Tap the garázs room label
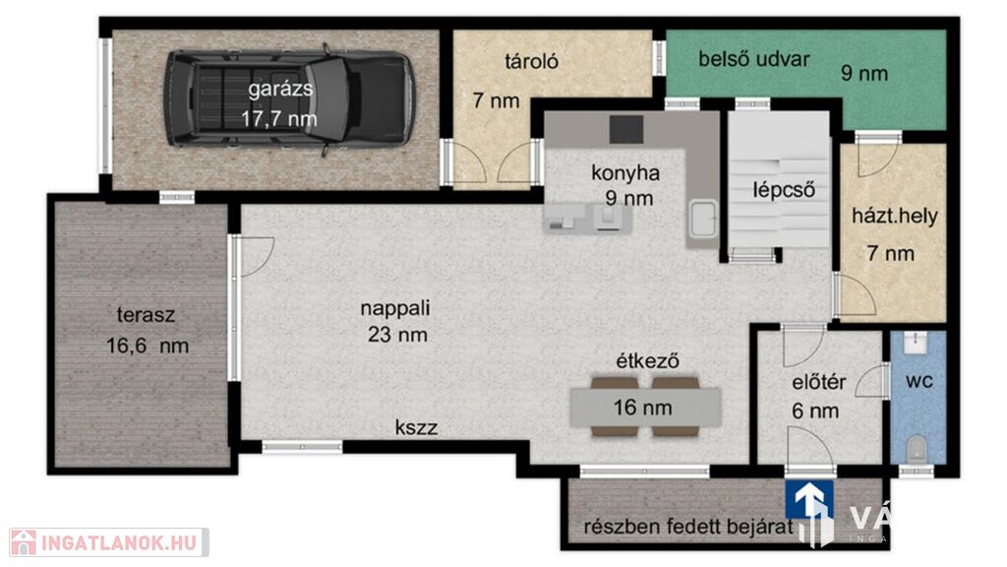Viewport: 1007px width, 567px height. coord(280,88)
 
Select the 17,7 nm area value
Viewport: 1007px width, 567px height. coord(279,118)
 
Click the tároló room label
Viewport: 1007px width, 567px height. coord(531,62)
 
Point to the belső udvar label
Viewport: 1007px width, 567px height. coord(754,59)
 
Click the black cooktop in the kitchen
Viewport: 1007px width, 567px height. coord(626,130)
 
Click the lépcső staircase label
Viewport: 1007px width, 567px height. coord(784,190)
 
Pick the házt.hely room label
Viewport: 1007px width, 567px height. coord(895,216)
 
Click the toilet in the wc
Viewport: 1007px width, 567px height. coord(918,448)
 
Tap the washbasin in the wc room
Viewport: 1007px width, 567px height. coord(918,343)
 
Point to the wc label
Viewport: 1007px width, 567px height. coord(919,381)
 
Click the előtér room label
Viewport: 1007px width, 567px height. coord(819,383)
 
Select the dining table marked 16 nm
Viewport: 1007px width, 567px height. coord(645,408)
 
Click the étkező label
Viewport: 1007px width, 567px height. coord(647,360)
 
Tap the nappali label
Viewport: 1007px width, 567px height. coord(395,308)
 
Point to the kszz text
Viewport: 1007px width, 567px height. coord(416,427)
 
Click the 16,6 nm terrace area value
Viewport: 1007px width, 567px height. coord(148,346)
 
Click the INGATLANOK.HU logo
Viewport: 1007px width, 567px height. coord(108,543)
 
